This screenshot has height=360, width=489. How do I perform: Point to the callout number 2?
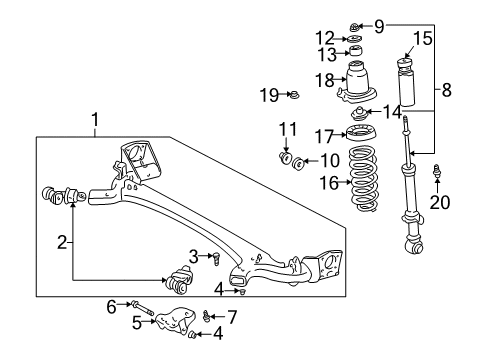coord(62,242)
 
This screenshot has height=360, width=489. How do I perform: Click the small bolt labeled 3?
coord(214,259)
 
